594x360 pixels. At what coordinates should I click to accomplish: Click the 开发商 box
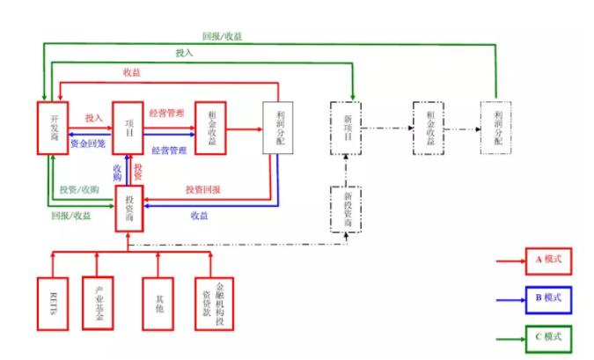[53, 128]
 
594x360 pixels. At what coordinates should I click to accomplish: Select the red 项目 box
[128, 128]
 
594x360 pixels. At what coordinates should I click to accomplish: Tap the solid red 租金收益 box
[210, 128]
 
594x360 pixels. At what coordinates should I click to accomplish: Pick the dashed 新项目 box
[347, 129]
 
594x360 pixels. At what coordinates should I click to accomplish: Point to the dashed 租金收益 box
[430, 129]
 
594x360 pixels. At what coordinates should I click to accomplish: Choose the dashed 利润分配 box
[495, 129]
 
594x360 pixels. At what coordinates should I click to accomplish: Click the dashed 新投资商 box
[347, 208]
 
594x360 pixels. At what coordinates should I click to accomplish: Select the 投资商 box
[128, 209]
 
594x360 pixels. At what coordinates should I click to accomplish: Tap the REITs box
[53, 304]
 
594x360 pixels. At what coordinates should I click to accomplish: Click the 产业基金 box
[98, 304]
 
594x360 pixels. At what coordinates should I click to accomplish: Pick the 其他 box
[158, 304]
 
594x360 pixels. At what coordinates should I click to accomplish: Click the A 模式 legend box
[548, 261]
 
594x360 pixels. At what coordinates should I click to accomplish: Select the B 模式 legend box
[548, 299]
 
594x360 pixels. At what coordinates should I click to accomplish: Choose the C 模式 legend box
[548, 337]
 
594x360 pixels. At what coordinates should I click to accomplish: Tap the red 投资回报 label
[202, 190]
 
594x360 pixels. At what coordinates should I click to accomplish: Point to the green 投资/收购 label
[79, 190]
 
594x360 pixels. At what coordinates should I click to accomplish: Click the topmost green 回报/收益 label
[222, 37]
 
